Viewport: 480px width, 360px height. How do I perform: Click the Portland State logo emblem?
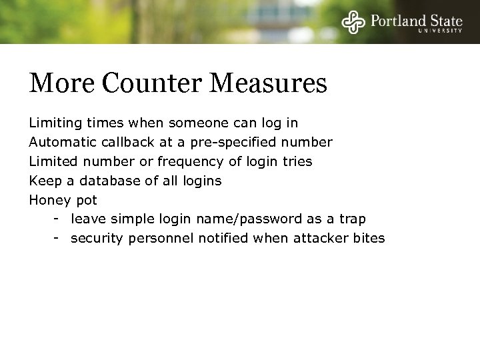[353, 23]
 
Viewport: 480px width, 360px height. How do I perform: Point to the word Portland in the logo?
[397, 20]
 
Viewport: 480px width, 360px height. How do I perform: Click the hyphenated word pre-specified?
[224, 143]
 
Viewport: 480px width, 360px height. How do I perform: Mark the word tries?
[297, 162]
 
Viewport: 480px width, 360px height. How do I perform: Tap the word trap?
[353, 219]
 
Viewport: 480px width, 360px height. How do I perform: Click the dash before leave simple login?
[58, 219]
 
